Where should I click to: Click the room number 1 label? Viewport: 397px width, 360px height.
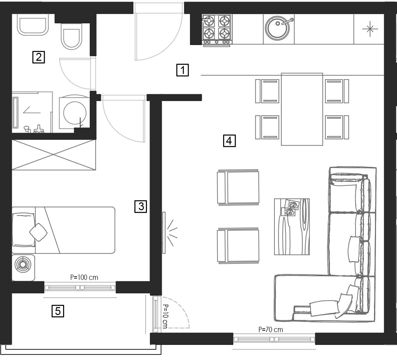182,70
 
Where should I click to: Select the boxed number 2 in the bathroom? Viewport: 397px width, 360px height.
38,57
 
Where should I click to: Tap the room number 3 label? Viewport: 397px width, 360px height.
141,207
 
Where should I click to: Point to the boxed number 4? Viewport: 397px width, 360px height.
229,141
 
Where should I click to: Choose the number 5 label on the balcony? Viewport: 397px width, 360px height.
58,311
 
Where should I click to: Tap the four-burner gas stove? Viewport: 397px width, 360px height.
217,31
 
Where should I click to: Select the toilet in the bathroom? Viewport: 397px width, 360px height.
71,36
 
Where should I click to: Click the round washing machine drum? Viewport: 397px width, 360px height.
75,113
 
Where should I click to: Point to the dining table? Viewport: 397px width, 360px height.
302,109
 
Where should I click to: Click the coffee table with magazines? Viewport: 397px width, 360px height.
292,227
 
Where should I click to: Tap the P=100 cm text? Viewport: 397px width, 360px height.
84,278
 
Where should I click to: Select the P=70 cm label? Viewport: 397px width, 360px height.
271,329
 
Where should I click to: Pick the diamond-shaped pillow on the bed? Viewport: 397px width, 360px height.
38,233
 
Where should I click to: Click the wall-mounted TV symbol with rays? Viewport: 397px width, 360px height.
170,233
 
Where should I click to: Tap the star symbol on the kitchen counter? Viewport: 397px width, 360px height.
370,29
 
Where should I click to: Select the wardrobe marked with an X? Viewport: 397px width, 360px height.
54,155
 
